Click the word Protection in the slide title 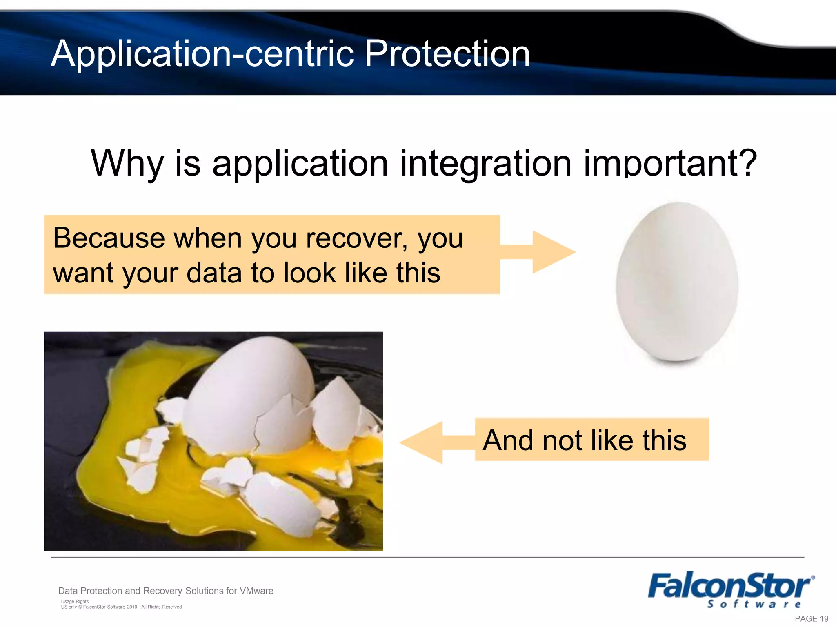447,54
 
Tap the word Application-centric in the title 202,54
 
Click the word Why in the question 127,163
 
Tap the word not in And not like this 561,440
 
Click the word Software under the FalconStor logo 754,605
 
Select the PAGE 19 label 811,618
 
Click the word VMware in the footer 256,591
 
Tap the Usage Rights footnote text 75,601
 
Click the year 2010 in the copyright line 132,607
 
